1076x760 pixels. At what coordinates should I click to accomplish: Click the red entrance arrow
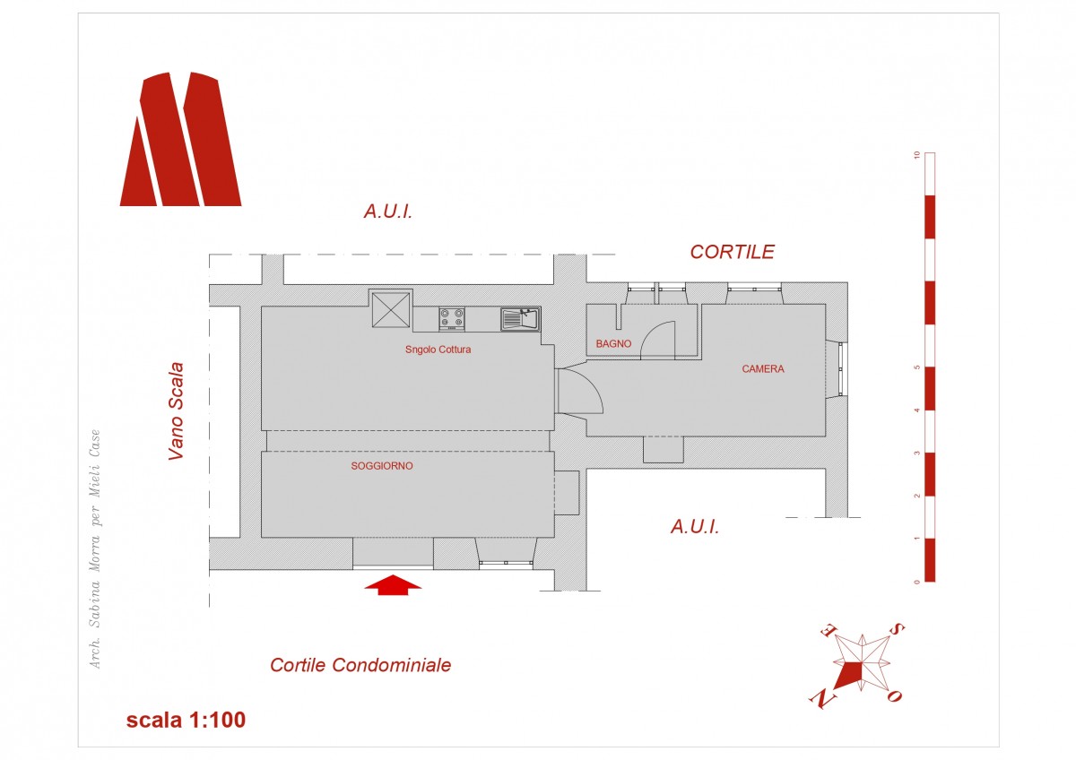click(393, 584)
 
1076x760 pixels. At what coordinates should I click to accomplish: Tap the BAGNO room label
click(613, 344)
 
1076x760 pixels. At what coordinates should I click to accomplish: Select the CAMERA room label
click(763, 368)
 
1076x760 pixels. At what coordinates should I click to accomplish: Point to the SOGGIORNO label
click(382, 466)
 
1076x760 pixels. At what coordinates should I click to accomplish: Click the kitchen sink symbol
click(521, 319)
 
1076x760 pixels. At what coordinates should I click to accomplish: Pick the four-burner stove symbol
click(452, 319)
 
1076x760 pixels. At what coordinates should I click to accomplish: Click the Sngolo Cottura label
click(438, 350)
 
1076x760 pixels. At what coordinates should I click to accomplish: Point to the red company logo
click(180, 139)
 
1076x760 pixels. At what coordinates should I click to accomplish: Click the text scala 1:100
click(186, 720)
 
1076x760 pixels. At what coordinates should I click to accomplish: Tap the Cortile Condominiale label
click(360, 665)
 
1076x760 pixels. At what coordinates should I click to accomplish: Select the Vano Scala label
click(177, 411)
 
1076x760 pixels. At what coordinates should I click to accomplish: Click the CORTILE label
click(732, 252)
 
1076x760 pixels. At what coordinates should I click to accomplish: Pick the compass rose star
click(862, 663)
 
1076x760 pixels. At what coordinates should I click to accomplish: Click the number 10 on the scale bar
click(917, 155)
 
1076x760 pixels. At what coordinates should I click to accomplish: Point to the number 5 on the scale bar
click(917, 367)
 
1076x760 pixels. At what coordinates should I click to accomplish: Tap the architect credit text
click(95, 548)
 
